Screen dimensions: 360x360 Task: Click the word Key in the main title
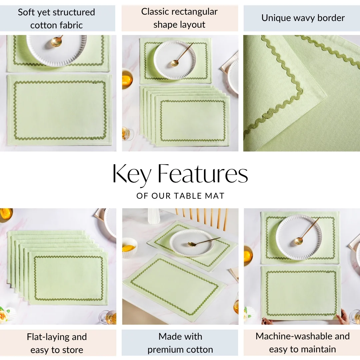(131, 174)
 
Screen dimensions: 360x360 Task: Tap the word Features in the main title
(203, 174)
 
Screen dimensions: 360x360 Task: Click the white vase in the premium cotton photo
(154, 216)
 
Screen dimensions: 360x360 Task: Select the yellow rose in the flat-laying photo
(4, 314)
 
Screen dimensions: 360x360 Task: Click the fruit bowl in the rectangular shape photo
(127, 78)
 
